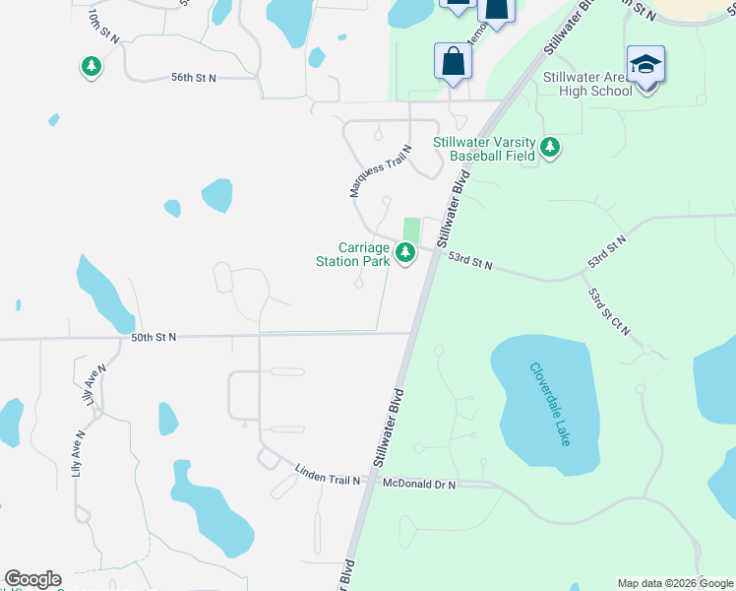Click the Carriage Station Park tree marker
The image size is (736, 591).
pos(404,254)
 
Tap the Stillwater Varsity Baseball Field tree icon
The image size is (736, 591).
pos(550,149)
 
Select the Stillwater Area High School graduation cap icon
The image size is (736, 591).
pos(645,65)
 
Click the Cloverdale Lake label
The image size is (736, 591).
pos(549,404)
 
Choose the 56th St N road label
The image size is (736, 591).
pos(193,77)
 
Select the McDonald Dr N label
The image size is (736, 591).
pos(419,483)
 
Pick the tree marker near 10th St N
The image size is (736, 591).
pos(92,67)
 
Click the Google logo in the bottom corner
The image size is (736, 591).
pos(32,579)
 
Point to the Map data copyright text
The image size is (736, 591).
pos(674,583)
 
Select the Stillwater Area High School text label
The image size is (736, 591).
pos(587,84)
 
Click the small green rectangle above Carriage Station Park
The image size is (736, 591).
pos(411,229)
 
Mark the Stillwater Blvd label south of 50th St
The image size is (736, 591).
pos(390,428)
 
